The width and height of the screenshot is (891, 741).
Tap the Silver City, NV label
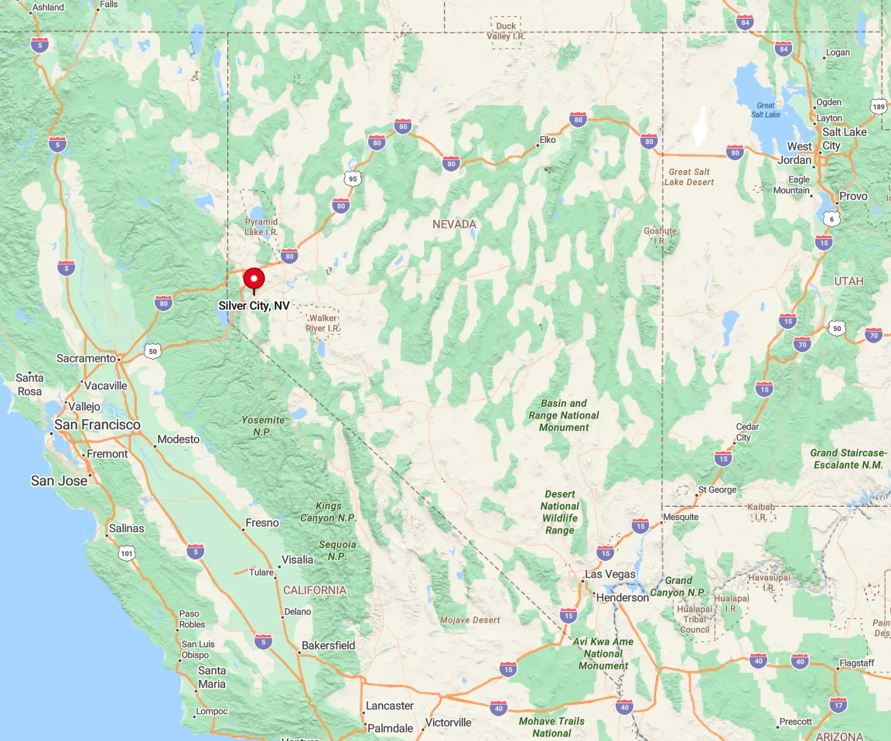click(254, 306)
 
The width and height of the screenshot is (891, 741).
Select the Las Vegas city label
click(609, 574)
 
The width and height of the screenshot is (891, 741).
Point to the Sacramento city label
click(86, 358)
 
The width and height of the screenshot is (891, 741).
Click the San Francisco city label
click(97, 425)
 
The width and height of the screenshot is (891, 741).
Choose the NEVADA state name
click(454, 224)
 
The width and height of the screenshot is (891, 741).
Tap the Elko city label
click(548, 140)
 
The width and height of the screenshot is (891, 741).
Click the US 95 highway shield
click(353, 179)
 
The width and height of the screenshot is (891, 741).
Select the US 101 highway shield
click(128, 553)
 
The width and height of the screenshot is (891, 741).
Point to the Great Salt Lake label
click(766, 110)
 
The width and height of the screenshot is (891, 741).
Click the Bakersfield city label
click(328, 645)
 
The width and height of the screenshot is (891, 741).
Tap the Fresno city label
click(261, 523)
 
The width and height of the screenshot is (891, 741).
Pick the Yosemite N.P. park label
click(263, 425)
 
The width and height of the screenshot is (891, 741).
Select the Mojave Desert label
click(470, 620)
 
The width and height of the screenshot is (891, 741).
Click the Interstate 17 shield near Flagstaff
click(838, 705)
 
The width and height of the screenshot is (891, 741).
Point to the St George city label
click(717, 490)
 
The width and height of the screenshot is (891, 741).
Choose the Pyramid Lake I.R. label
click(261, 227)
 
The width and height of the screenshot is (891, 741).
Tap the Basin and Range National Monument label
click(564, 415)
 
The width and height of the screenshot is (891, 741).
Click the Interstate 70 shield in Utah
click(801, 344)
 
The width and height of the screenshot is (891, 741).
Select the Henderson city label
click(622, 597)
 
